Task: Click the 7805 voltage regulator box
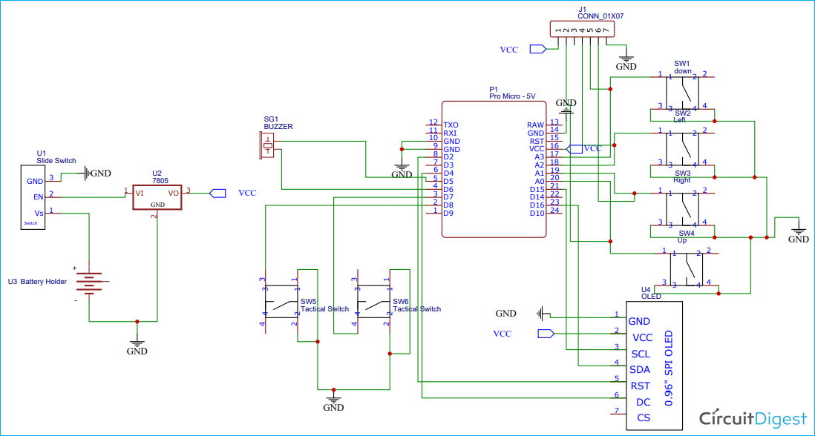click(157, 197)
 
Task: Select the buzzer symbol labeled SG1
click(268, 145)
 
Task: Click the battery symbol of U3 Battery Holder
click(89, 283)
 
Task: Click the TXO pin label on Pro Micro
click(451, 125)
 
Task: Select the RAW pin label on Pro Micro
click(535, 125)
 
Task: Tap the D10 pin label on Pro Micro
click(537, 213)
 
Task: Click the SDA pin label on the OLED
click(640, 369)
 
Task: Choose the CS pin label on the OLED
click(644, 418)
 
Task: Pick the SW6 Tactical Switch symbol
click(374, 304)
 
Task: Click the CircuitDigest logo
click(753, 417)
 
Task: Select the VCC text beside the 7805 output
click(247, 193)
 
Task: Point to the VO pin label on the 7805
click(174, 193)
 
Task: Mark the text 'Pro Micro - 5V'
click(512, 96)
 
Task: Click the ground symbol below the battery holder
click(137, 345)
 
